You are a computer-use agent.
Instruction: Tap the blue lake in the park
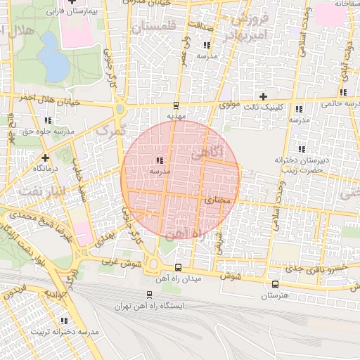(53, 64)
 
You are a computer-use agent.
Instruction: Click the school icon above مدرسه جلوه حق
(48, 120)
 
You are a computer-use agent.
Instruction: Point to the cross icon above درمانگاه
(45, 157)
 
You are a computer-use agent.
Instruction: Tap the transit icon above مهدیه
(175, 104)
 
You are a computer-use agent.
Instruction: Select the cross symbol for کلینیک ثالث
(264, 96)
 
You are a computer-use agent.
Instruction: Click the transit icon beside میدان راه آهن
(178, 268)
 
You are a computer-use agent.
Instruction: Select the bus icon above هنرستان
(274, 285)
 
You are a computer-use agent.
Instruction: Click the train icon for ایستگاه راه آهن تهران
(148, 295)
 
